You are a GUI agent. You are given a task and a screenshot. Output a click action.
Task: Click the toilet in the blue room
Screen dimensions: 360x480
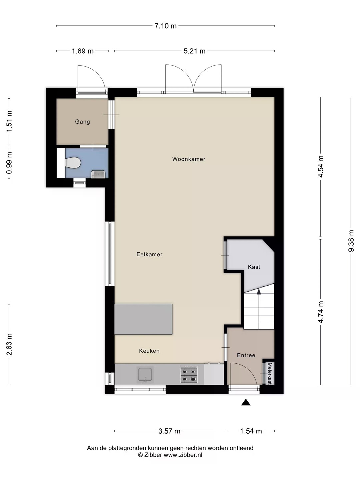[73, 163]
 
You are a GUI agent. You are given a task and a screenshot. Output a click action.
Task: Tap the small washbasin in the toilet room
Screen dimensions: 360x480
[98, 174]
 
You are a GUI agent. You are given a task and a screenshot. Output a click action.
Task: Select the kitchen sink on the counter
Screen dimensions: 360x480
[145, 375]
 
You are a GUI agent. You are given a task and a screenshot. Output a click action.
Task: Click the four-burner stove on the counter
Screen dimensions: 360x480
[189, 375]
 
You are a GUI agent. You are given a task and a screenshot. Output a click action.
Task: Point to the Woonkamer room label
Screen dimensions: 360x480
[189, 159]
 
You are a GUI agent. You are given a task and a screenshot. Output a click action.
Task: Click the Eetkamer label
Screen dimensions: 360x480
[149, 254]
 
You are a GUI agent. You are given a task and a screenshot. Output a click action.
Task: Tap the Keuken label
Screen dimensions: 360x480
[149, 351]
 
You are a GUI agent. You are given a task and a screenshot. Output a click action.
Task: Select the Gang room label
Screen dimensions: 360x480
[82, 122]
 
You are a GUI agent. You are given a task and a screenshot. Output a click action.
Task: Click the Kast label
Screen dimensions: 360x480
[254, 267]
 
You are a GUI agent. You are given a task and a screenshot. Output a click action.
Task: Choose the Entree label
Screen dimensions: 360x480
[246, 355]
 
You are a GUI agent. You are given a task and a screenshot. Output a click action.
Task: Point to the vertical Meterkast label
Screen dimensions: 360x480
[270, 374]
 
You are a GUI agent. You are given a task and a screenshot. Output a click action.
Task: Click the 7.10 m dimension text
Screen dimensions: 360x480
[165, 26]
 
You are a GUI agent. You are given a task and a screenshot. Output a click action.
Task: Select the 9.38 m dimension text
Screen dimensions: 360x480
[351, 241]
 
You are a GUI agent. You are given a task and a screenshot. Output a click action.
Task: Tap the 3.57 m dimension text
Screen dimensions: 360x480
[169, 431]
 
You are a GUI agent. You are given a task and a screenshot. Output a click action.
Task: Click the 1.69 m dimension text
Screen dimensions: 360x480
[83, 51]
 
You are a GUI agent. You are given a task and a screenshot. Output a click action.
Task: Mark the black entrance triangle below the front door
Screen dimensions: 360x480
[246, 402]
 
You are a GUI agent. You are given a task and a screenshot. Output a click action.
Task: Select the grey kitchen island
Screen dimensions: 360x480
[143, 319]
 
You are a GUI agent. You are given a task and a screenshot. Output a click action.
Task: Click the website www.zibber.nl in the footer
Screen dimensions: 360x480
[183, 455]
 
